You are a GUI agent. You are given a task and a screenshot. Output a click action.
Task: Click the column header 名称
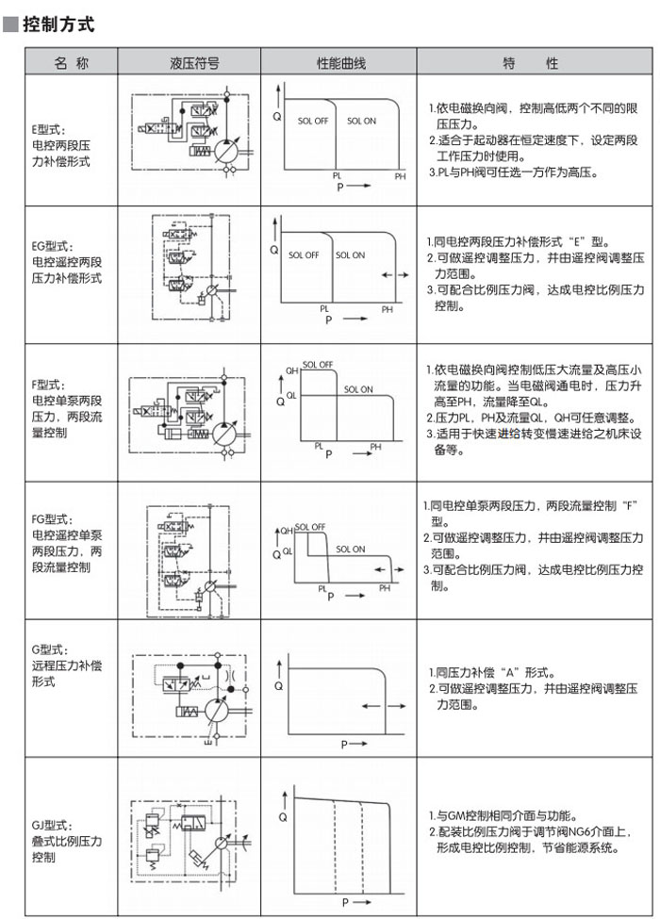tap(72, 63)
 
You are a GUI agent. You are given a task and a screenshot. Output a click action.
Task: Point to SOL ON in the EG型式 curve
tap(350, 254)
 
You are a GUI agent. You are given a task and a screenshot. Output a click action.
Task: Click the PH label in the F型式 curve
tap(376, 446)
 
